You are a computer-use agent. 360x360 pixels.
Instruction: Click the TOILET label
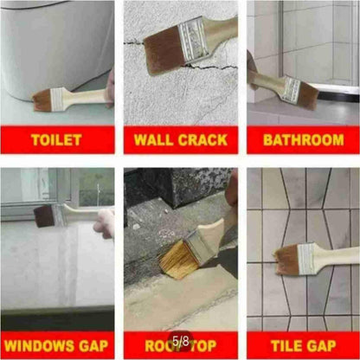[57, 138]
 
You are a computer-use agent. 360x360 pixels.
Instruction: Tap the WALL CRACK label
[180, 138]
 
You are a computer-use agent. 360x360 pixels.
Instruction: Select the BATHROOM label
[302, 138]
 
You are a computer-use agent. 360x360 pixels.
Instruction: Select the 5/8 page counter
[180, 343]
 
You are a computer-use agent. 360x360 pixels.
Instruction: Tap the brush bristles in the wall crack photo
[162, 53]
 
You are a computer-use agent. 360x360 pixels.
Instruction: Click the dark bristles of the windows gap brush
[43, 216]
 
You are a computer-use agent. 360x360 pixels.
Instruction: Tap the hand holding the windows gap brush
[104, 221]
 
